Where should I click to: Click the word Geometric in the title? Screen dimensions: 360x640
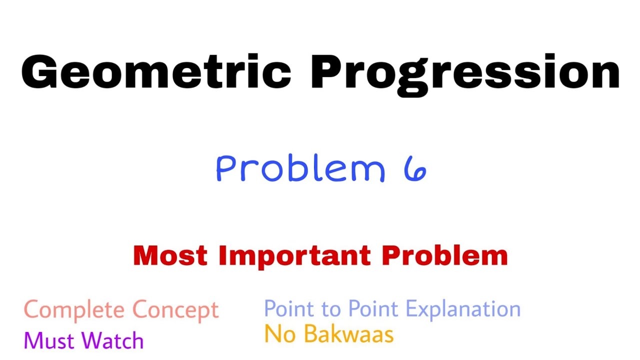tap(156, 72)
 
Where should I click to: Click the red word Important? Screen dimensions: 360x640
tap(294, 255)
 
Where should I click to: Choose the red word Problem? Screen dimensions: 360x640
tap(445, 255)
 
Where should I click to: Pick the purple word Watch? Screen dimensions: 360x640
tap(113, 341)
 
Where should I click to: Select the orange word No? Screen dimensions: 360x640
tap(279, 334)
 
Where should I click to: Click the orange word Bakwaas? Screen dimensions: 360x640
tap(349, 334)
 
